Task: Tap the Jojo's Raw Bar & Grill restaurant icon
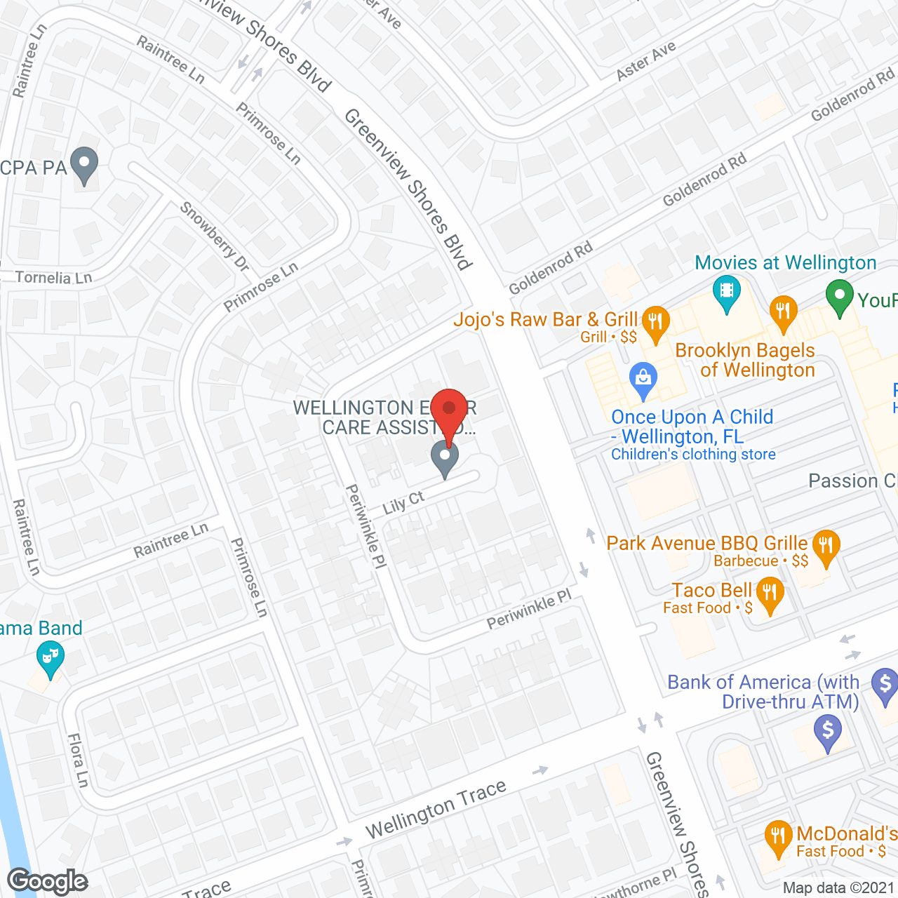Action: (655, 323)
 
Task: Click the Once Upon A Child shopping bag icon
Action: (643, 378)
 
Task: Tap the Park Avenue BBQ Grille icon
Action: (826, 547)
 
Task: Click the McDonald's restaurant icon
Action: (778, 837)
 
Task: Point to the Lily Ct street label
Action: (403, 502)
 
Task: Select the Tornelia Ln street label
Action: (53, 278)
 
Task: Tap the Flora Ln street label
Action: (79, 760)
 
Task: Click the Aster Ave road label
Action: (645, 60)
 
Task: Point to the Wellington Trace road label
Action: (436, 809)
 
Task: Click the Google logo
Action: (47, 881)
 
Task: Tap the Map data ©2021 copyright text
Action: (838, 888)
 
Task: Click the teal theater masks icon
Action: (50, 659)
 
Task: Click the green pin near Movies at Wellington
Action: (839, 297)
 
